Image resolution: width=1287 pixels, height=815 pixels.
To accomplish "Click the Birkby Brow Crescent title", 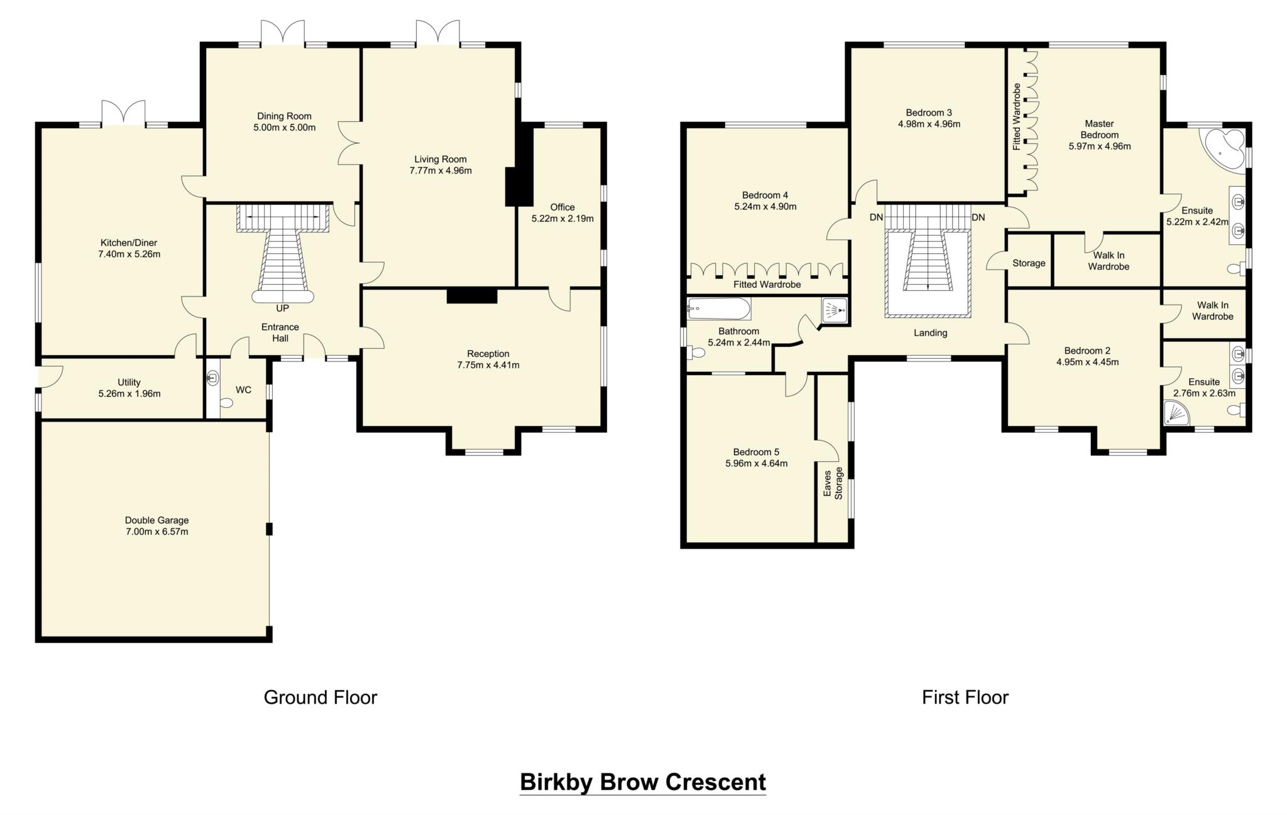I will (x=642, y=782).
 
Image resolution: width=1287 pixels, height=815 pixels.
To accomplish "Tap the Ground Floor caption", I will (x=320, y=697).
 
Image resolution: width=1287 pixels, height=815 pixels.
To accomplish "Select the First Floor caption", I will (x=965, y=697).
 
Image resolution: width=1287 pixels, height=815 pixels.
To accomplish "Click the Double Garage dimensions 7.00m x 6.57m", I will (x=156, y=532).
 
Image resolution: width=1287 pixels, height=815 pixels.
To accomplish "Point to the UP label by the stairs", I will (x=283, y=309).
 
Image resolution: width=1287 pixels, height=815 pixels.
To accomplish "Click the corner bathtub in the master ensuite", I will (x=1222, y=150).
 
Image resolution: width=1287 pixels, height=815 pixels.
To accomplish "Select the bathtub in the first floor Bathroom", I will (x=719, y=309).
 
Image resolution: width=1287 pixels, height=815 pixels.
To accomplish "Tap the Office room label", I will (x=562, y=207).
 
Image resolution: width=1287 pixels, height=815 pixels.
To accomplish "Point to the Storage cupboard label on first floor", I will (x=1029, y=263).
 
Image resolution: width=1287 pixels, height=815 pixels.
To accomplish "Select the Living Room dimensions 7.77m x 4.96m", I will (x=440, y=171).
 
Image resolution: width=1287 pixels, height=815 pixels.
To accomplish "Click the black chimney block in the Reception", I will (x=471, y=296).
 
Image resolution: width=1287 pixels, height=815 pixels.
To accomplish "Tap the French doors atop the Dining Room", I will (x=283, y=33).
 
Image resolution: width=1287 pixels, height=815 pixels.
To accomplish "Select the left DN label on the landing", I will (x=876, y=217).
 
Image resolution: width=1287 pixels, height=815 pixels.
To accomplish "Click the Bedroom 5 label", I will (x=755, y=452).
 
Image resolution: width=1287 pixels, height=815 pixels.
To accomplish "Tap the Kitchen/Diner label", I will (x=129, y=243).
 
